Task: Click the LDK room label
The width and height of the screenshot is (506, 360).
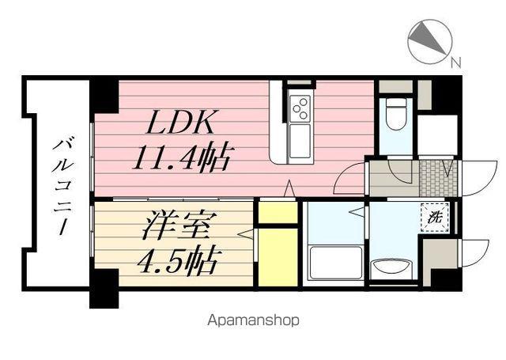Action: point(180,123)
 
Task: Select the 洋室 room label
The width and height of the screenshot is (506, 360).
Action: point(176,226)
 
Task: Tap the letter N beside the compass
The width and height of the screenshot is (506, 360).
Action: point(456,63)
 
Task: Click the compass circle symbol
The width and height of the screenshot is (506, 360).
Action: point(430,41)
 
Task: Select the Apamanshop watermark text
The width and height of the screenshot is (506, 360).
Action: point(253,320)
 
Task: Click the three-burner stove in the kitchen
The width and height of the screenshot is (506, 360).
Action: point(300,108)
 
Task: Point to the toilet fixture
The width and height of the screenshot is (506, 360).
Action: point(396,114)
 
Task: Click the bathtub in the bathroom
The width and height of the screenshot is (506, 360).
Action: point(335,263)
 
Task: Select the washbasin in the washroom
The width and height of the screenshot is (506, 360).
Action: point(391,269)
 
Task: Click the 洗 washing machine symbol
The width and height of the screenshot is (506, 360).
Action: point(435,218)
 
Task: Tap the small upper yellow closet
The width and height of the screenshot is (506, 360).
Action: point(278,211)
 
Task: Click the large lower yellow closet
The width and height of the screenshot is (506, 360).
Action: point(278,257)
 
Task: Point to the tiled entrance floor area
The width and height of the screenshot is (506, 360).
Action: point(438,178)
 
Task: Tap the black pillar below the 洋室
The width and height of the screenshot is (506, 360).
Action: point(104,289)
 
